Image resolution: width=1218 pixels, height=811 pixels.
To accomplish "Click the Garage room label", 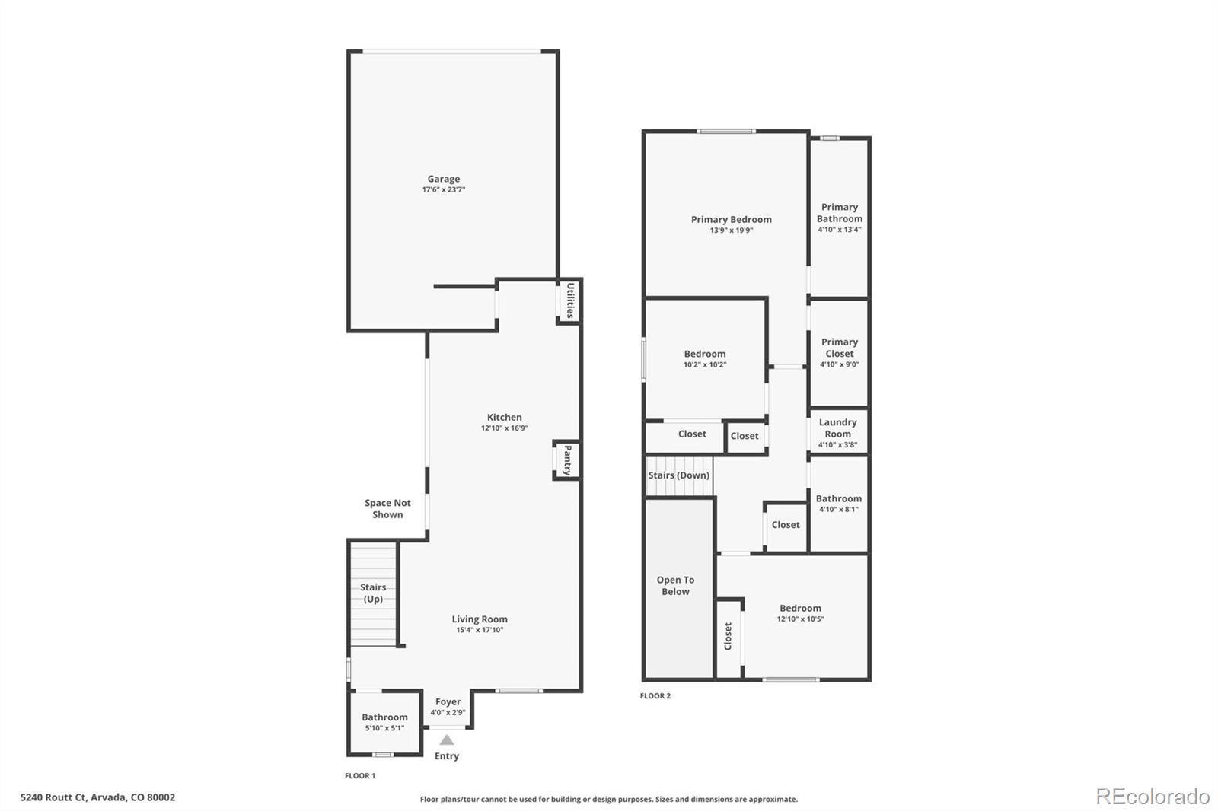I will tap(443, 180).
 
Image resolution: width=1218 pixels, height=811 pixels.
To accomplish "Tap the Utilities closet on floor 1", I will tap(569, 301).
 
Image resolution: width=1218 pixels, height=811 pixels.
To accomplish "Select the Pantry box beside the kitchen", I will tap(566, 460).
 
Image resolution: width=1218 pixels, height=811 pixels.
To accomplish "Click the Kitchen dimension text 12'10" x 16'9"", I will tap(504, 428).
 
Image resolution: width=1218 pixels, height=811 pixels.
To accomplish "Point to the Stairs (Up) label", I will tap(373, 593).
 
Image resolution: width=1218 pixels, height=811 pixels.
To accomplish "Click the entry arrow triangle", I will tap(447, 739).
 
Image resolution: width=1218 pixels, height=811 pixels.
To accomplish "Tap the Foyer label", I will tap(448, 702).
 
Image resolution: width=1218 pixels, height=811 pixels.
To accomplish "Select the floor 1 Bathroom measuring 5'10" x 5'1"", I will tap(384, 722).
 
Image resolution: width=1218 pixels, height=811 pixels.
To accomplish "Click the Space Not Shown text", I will tap(387, 508).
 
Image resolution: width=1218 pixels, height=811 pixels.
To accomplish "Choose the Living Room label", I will tap(480, 619).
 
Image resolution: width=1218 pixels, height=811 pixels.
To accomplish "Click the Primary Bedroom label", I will tap(731, 220).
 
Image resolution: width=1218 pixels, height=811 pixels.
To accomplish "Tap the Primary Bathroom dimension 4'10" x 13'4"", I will tap(839, 230).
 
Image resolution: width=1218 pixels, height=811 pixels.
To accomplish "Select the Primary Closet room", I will tap(839, 352).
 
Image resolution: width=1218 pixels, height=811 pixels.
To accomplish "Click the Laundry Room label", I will tap(837, 428).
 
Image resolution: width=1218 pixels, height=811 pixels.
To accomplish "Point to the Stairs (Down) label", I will tap(678, 475).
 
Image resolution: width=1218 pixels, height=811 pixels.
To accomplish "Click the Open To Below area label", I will tap(675, 585).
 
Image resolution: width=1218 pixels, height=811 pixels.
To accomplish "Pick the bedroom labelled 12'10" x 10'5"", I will tap(800, 613).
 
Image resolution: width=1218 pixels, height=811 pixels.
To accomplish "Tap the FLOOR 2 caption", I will tap(655, 696).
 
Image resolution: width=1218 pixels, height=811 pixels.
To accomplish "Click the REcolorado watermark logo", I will tap(1152, 797).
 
